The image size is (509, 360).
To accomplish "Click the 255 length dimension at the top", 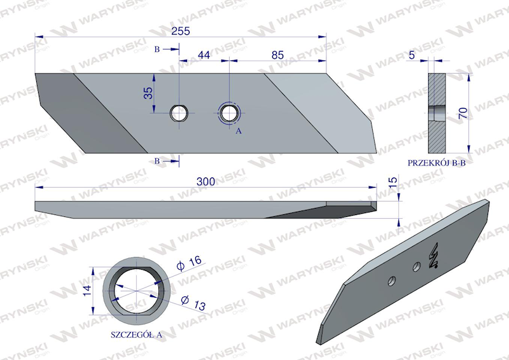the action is click(181, 31).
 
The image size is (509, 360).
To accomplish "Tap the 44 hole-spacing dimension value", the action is click(204, 55).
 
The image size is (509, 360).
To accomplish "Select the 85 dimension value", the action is click(277, 55).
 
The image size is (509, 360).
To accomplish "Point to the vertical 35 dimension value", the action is click(148, 93).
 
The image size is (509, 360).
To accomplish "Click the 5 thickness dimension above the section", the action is click(412, 55).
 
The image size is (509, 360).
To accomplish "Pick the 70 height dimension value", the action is click(464, 113).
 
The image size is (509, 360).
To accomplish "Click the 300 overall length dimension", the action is click(206, 181).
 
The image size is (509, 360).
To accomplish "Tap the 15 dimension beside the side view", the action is click(393, 183).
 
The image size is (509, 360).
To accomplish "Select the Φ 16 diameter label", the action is click(188, 263).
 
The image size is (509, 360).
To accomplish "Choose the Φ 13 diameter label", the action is click(193, 303).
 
